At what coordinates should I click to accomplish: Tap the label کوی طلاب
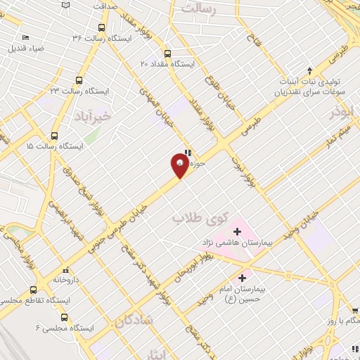[191, 218]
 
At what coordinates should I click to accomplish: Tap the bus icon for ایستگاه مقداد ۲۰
[167, 53]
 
